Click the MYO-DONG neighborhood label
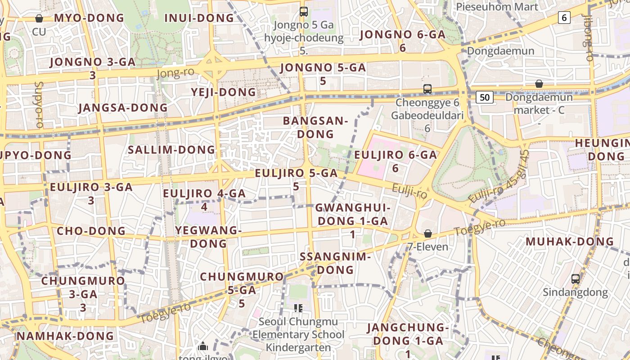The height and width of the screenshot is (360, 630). [x=89, y=18]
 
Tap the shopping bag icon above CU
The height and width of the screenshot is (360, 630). [x=39, y=18]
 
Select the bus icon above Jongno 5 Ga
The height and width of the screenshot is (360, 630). [x=304, y=12]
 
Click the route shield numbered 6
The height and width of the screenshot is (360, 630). [x=564, y=18]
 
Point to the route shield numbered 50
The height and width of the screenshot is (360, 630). [x=484, y=97]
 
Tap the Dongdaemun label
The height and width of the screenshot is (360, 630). [x=500, y=50]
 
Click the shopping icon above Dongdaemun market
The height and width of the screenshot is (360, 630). [x=539, y=84]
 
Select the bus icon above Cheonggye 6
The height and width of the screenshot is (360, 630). [x=427, y=89]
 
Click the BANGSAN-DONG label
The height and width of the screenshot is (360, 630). [x=315, y=127]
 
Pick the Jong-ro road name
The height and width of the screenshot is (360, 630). [x=175, y=73]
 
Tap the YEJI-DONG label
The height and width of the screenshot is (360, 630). [x=223, y=92]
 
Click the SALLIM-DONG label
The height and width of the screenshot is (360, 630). [x=171, y=150]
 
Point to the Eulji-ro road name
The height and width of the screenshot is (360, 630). [x=409, y=191]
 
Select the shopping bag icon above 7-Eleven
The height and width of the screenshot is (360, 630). [x=427, y=234]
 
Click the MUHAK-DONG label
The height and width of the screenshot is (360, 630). [x=570, y=241]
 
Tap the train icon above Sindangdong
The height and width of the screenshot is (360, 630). [x=575, y=279]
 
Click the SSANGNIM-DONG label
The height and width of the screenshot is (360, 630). [x=335, y=263]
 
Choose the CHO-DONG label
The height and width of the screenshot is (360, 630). [x=91, y=231]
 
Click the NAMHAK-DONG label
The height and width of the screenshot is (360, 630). [x=65, y=336]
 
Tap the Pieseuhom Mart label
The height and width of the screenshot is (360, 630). [x=497, y=7]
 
